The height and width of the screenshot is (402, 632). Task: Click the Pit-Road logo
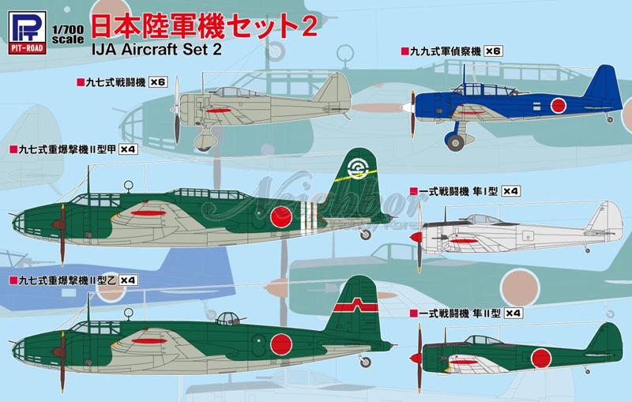27,32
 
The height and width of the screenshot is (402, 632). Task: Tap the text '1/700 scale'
68,35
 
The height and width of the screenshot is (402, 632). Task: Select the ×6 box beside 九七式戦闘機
158,82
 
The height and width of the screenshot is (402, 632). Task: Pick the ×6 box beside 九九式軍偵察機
493,51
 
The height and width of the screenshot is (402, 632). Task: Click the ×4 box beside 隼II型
513,313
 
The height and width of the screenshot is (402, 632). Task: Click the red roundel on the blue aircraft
559,106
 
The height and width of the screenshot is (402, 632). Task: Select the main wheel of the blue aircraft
455,143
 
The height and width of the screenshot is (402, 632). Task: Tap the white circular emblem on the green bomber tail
357,168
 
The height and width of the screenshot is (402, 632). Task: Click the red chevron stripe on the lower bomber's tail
356,306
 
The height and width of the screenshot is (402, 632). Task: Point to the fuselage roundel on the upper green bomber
281,216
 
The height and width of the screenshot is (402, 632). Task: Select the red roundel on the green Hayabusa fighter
541,359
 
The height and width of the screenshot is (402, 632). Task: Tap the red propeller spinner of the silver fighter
416,237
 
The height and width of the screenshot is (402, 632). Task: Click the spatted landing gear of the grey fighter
205,139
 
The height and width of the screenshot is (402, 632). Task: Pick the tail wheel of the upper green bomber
366,234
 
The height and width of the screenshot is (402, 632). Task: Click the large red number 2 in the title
308,26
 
